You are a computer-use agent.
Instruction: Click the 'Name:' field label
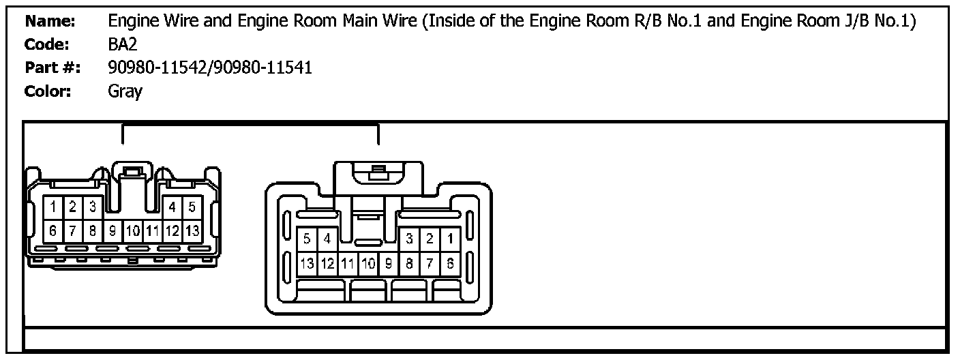(50, 22)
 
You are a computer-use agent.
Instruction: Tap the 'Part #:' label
(52, 68)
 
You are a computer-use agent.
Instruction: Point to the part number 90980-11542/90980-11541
(210, 68)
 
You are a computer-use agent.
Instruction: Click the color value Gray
(125, 91)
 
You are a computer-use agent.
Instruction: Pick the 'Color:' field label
(48, 91)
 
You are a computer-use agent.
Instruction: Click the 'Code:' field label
(48, 45)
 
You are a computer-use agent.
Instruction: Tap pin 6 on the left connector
(52, 230)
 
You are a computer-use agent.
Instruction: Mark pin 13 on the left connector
(192, 230)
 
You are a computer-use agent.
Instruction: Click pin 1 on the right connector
(449, 239)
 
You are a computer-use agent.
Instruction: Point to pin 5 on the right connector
(307, 239)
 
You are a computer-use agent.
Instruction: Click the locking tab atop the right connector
(377, 175)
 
